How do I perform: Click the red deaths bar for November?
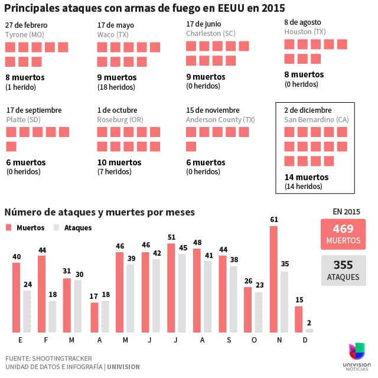click(x=273, y=279)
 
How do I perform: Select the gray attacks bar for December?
click(x=309, y=330)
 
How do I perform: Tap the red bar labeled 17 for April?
click(x=94, y=317)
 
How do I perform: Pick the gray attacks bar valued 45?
click(x=182, y=293)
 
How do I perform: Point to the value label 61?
click(x=273, y=220)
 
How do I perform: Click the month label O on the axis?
click(x=253, y=340)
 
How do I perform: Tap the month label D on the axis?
click(x=305, y=340)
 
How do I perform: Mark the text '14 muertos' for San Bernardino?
click(x=307, y=177)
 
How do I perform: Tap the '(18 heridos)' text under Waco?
click(x=118, y=87)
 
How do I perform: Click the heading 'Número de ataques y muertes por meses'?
click(x=99, y=211)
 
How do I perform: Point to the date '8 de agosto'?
click(x=304, y=22)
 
